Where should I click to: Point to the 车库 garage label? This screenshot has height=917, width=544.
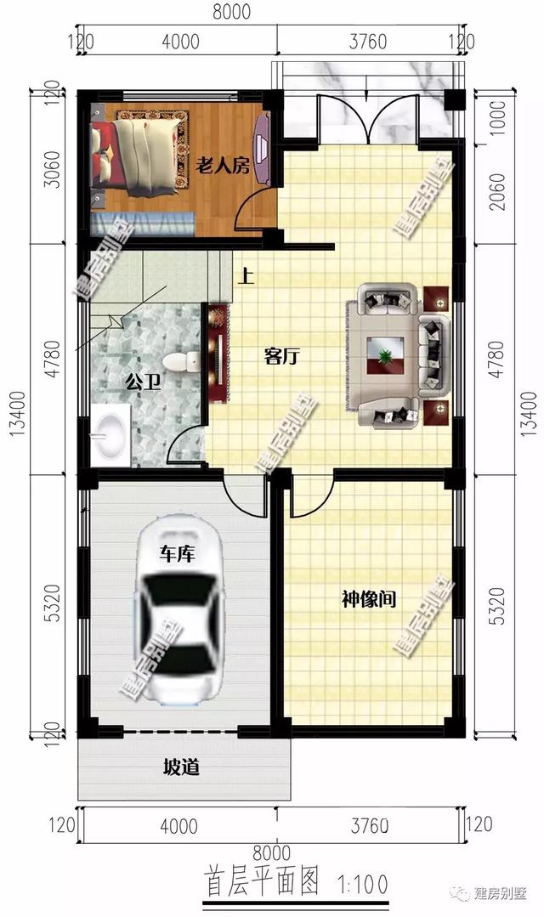(178, 555)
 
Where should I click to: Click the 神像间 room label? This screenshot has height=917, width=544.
(369, 600)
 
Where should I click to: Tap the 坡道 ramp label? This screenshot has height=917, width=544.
(181, 768)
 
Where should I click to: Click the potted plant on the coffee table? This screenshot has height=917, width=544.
(387, 354)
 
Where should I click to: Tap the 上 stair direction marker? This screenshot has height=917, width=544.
(247, 275)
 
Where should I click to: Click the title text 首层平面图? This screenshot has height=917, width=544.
(262, 884)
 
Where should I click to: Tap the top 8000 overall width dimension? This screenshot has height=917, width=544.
(229, 11)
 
